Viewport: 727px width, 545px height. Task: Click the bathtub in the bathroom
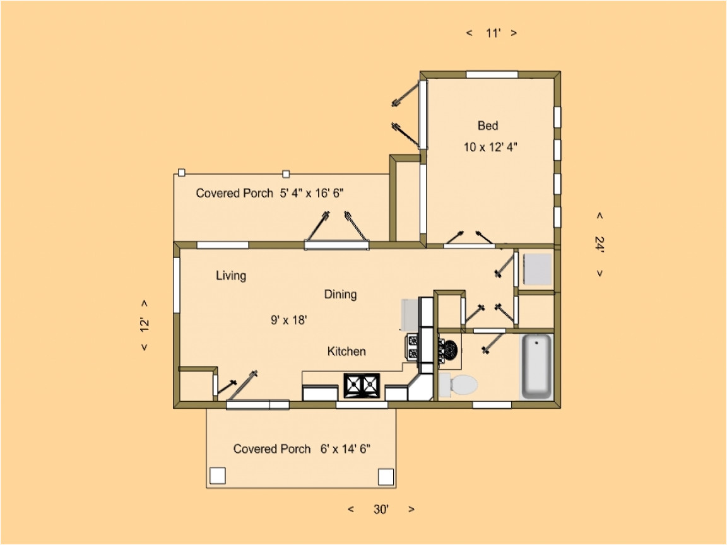[x=536, y=366]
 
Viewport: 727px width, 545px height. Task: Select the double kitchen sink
[x=362, y=385]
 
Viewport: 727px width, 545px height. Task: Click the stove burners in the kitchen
[x=412, y=347]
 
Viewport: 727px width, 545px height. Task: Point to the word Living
[x=231, y=276]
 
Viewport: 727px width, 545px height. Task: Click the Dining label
[x=340, y=294]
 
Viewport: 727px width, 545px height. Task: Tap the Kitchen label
[x=346, y=351]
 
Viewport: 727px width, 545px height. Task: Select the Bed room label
[x=487, y=126]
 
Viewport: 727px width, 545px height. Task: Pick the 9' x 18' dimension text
[x=288, y=320]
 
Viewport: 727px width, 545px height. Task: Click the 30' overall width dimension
[x=380, y=510]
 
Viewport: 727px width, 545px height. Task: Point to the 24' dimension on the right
[x=599, y=244]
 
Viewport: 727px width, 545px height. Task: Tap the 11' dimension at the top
[x=492, y=33]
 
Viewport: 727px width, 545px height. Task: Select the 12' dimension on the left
[x=145, y=325]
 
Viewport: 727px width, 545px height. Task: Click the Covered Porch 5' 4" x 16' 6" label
[x=269, y=193]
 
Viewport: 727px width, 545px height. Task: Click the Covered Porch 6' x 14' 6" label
[x=301, y=449]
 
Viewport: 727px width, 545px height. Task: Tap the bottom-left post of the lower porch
[x=217, y=476]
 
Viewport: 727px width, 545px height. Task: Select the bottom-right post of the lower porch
[x=385, y=476]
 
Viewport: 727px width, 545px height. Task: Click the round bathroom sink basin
[x=451, y=349]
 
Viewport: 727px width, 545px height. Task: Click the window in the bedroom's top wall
[x=492, y=74]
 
